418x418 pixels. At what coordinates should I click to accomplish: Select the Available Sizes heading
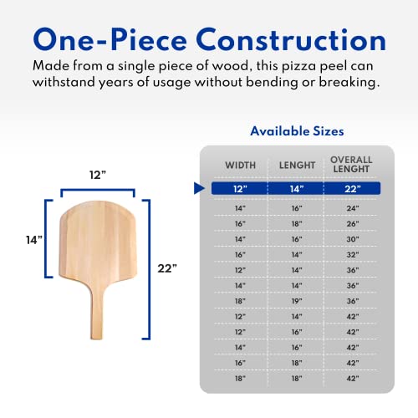point(297,131)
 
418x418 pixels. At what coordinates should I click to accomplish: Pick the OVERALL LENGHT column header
point(351,166)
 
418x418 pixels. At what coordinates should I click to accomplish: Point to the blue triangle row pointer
point(198,189)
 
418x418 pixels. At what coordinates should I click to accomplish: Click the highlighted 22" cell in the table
point(351,189)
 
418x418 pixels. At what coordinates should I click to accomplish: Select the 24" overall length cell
point(351,207)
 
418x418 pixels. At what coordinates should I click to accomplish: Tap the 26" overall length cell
point(351,224)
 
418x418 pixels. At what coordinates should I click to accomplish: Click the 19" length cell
point(295,300)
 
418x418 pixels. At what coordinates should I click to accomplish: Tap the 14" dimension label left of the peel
point(34,239)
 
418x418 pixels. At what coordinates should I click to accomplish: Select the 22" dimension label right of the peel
point(168,268)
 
